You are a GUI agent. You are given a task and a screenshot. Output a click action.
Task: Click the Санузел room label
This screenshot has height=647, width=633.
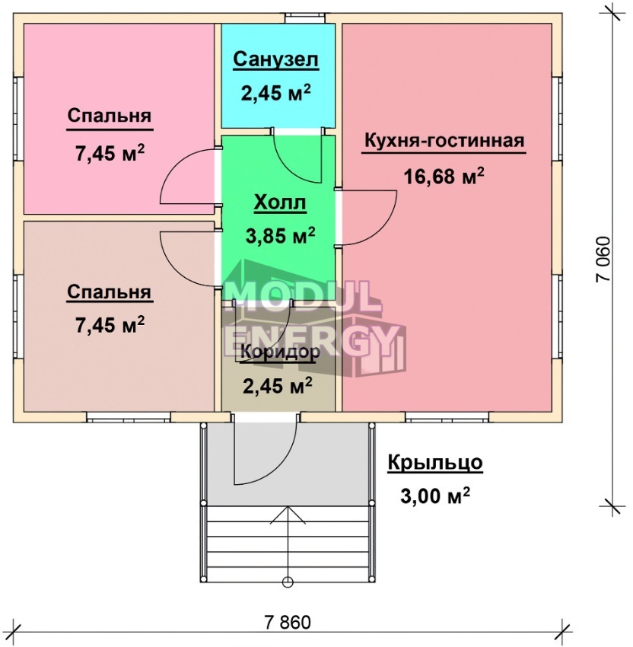tap(276, 59)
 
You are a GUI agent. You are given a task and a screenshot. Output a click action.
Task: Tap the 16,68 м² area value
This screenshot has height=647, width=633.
tap(444, 177)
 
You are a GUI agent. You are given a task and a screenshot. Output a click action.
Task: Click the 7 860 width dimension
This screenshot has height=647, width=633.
tap(288, 622)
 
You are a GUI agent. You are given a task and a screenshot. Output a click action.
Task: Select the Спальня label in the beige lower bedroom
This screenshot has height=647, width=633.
tap(110, 292)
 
